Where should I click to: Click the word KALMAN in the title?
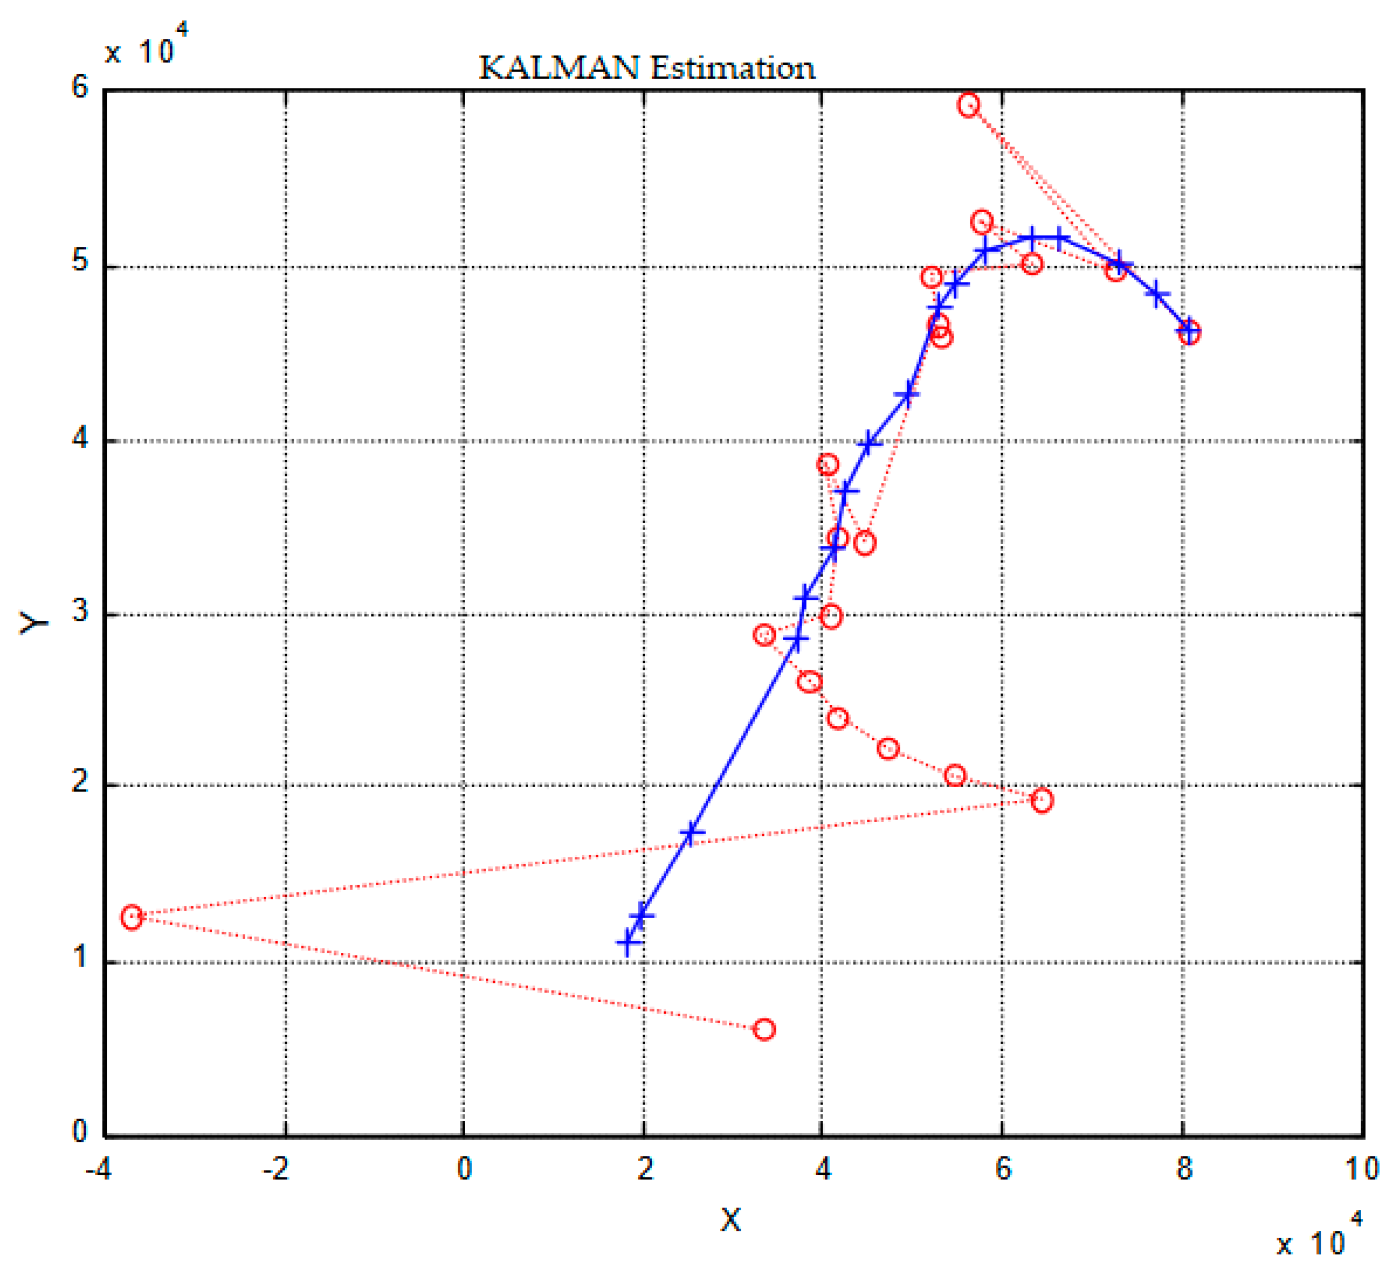pos(559,68)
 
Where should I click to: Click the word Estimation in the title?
pos(733,68)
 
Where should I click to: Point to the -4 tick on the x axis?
pos(99,1170)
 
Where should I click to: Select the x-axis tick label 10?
pos(1362,1170)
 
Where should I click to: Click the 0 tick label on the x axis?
pos(464,1170)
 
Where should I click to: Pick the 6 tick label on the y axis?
pos(80,88)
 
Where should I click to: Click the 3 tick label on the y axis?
pos(80,612)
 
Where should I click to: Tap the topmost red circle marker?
pos(969,105)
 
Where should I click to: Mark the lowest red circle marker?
pos(764,1029)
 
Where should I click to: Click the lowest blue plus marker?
pos(628,943)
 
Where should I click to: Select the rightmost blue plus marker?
pos(1188,331)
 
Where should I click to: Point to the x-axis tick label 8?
pos(1184,1170)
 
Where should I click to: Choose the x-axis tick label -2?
pos(276,1170)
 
